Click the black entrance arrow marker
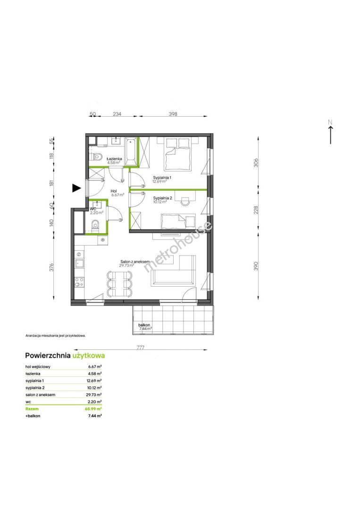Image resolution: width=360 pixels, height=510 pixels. coord(76,188)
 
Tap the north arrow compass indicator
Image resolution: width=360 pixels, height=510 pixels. coord(330,132)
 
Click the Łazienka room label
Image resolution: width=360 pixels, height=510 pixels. coord(114,159)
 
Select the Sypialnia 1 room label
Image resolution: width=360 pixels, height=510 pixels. coord(162,178)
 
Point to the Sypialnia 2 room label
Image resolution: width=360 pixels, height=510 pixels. coord(162,198)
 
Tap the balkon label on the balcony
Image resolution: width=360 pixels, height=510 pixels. coord(144,325)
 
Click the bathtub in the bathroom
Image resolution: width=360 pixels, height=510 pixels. coord(131,151)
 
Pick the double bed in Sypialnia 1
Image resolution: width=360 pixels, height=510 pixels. coord(177,153)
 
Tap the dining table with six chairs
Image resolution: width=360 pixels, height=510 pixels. coord(119,284)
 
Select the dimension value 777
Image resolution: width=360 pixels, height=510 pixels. coord(140,348)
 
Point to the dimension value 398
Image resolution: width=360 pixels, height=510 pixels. coord(173,114)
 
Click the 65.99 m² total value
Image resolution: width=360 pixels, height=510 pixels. coord(95,408)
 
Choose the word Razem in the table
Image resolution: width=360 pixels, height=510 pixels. coord(32,409)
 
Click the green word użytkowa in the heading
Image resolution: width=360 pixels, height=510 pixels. coord(89,356)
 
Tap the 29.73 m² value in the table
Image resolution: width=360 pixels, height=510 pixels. coord(95,394)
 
